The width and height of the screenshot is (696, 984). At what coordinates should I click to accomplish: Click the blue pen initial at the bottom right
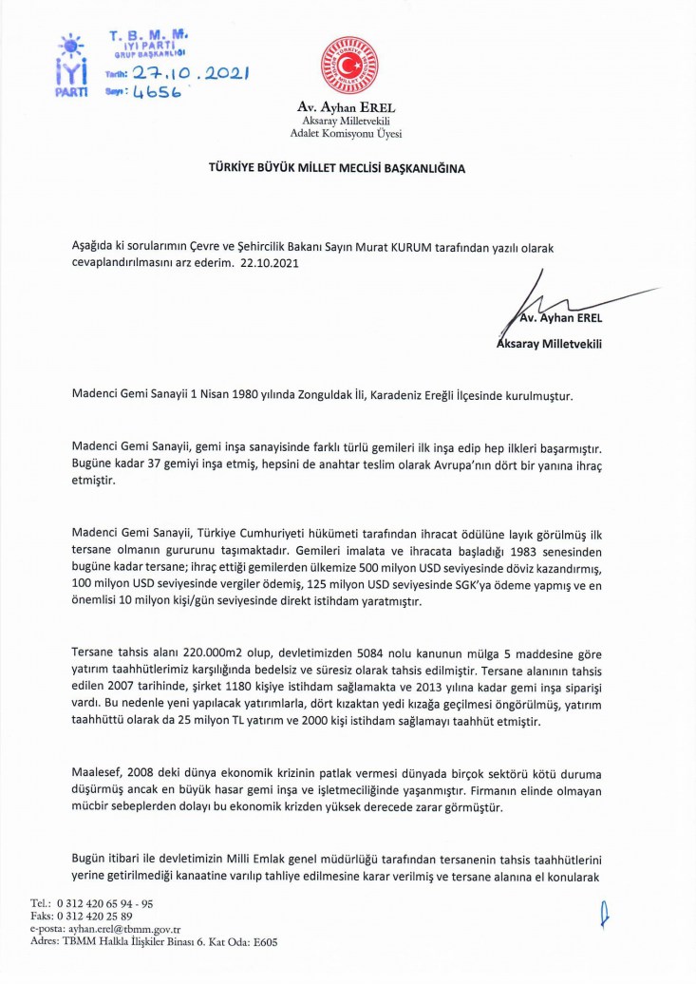pos(604,918)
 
